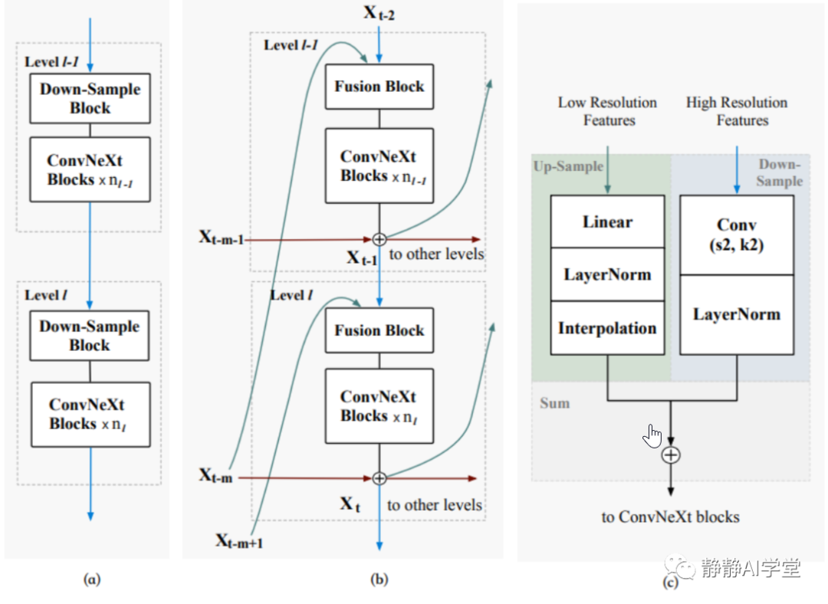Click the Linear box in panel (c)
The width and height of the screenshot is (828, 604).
(x=607, y=222)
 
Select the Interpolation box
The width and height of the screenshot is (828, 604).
(x=607, y=328)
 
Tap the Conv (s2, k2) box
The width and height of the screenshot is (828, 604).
(x=737, y=235)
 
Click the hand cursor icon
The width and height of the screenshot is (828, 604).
(x=652, y=435)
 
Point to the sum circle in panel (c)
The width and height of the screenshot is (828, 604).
(x=671, y=455)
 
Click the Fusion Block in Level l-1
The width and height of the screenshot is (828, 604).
(x=379, y=87)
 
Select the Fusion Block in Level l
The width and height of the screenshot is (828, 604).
(x=379, y=330)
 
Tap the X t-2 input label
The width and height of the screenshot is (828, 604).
(x=379, y=13)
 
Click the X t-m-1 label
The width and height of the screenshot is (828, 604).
(x=222, y=238)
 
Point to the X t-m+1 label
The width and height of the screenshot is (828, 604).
(x=239, y=540)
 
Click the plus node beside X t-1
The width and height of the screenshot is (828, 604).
(x=379, y=239)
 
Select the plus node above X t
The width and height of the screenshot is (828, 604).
(x=379, y=478)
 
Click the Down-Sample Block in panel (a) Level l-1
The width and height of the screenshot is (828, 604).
(x=90, y=99)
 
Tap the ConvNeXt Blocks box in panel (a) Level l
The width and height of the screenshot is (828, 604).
(x=90, y=415)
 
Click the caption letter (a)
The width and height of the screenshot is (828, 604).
(x=92, y=579)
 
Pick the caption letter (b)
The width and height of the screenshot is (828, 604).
(x=379, y=579)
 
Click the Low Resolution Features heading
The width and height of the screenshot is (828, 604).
(x=608, y=111)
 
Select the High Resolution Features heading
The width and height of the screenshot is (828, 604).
(x=738, y=111)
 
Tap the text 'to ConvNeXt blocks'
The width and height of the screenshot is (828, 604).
(x=670, y=517)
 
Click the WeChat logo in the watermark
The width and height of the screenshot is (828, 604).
(x=680, y=567)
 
